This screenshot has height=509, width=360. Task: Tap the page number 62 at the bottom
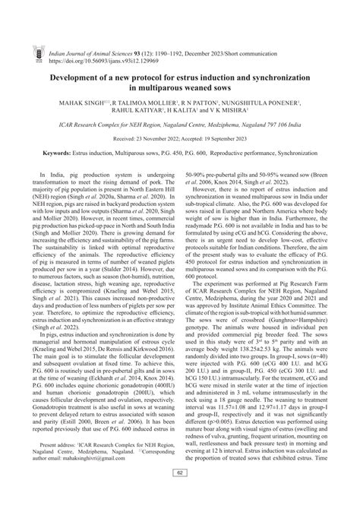coord(180,495)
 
